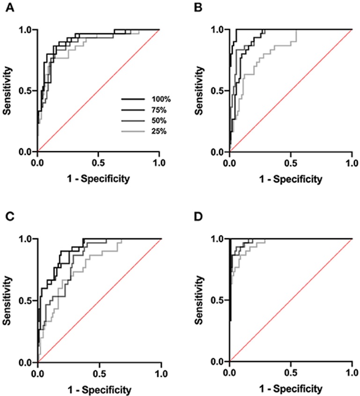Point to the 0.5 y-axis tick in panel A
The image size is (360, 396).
pyautogui.click(x=26, y=90)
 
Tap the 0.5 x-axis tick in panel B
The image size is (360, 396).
pyautogui.click(x=291, y=162)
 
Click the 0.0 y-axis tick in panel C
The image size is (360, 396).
pyautogui.click(x=26, y=362)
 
